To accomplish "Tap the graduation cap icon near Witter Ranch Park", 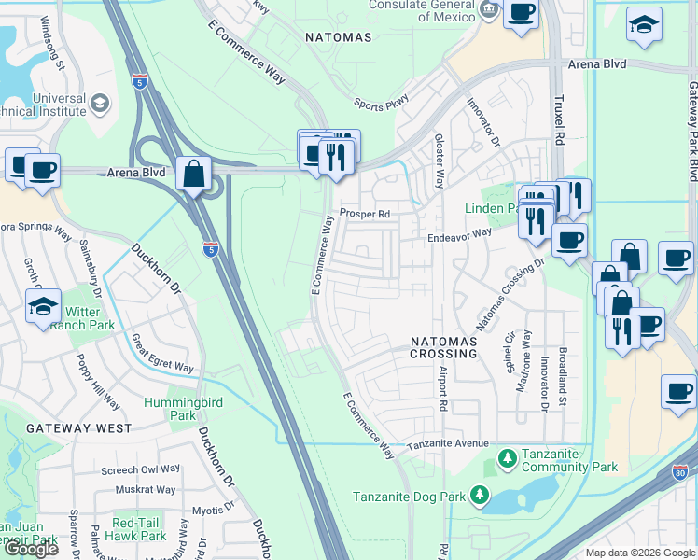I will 43,306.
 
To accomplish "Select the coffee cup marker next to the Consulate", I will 522,12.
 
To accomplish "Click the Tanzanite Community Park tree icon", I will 507,458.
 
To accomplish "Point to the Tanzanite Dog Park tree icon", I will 479,494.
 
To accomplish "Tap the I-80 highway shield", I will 680,473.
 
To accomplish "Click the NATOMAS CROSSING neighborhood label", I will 444,348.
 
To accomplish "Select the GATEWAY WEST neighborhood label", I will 66,428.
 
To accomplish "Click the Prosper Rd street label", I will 364,213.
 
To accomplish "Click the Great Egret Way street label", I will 163,356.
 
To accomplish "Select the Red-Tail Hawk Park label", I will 139,529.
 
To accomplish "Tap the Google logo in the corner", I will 31,549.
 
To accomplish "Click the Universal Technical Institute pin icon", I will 102,105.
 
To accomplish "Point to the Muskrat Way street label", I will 146,489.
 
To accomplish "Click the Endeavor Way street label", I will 459,236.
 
